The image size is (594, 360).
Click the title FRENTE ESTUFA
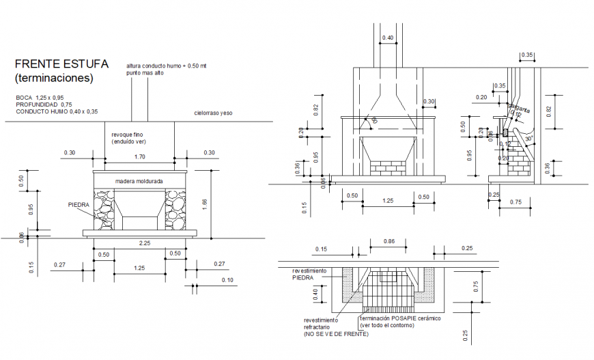(x=61, y=64)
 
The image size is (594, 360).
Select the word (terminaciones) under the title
(x=54, y=78)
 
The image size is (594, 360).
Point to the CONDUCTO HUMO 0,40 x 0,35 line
(x=57, y=111)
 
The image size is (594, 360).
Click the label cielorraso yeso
(x=213, y=113)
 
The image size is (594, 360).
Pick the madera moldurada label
(x=139, y=181)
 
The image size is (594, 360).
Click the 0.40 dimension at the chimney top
(x=388, y=38)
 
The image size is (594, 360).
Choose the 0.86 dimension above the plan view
(x=389, y=242)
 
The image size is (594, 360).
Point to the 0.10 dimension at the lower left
(x=227, y=280)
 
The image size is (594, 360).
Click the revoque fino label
(x=126, y=135)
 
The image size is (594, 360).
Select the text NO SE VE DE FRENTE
(x=336, y=333)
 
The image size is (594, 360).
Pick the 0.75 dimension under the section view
(x=515, y=202)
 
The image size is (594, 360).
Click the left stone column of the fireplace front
(x=104, y=209)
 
